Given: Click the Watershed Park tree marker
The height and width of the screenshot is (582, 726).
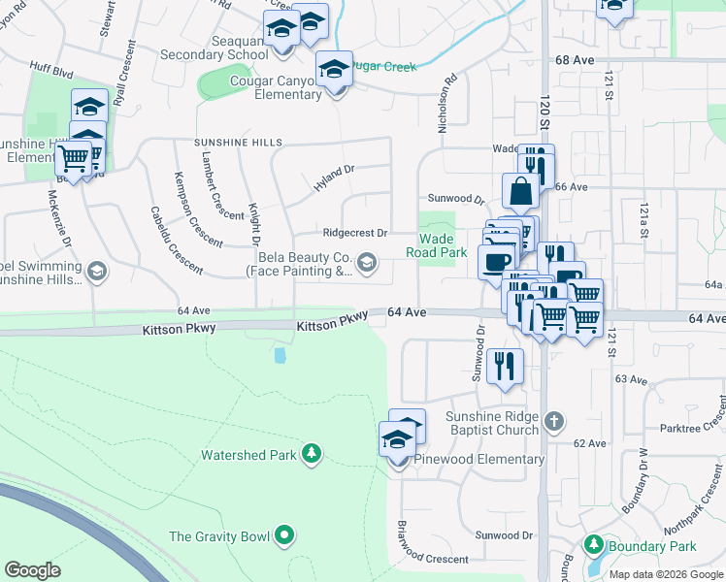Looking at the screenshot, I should point(311,453).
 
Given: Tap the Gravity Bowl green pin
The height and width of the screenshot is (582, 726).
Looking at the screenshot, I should point(284,534).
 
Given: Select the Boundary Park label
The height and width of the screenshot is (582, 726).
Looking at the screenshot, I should point(642,545).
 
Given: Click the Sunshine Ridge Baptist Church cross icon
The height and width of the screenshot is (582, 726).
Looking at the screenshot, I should point(554,421).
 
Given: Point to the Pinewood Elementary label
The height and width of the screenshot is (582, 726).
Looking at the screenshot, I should point(479,459).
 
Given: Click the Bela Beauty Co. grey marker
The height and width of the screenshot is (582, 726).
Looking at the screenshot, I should point(367,262).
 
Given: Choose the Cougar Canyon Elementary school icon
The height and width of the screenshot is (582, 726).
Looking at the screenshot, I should point(334,71).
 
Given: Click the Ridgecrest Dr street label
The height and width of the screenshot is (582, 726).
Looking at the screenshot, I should point(354,233).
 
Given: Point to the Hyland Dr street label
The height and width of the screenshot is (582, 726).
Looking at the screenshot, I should point(334,176).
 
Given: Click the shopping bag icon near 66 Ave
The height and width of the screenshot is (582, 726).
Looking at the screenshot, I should point(520,191).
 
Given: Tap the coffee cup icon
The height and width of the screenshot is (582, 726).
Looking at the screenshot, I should point(497,262).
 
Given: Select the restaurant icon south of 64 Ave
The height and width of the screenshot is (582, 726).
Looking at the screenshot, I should point(505,366).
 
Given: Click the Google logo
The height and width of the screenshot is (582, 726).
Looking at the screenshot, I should point(32,570).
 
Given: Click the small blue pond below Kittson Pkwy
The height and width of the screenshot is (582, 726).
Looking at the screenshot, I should point(280,355).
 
